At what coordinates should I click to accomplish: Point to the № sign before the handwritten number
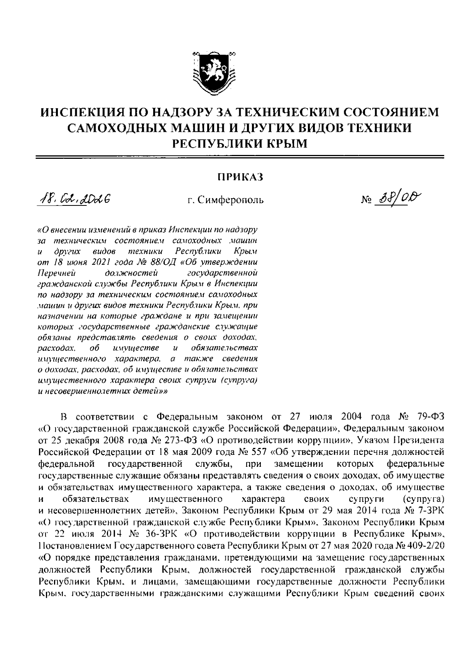(366, 200)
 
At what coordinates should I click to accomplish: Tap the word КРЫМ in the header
(287, 144)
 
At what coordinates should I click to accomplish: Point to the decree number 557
(255, 451)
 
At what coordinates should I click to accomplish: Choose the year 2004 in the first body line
(351, 417)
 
